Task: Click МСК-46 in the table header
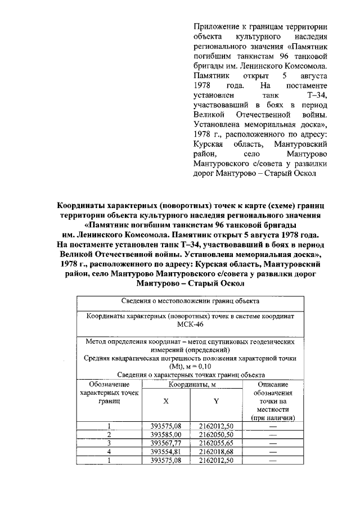click(x=190, y=326)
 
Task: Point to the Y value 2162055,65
click(x=217, y=443)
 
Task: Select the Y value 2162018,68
click(x=217, y=452)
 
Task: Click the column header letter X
click(x=166, y=401)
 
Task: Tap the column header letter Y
click(x=216, y=401)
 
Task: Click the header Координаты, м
click(x=191, y=384)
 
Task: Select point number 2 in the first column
click(x=109, y=435)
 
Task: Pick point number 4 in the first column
click(x=109, y=452)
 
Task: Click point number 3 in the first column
click(x=109, y=443)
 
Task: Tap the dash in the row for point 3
click(x=273, y=443)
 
